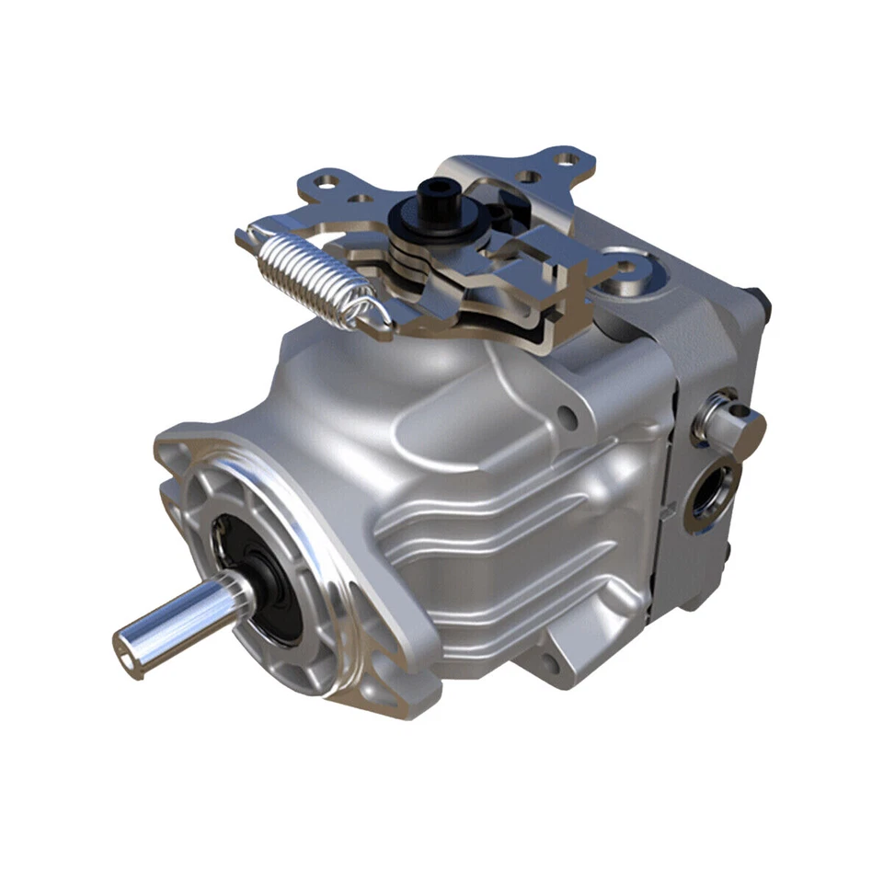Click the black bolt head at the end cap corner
tap(762, 299)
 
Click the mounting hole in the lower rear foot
tap(550, 664)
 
